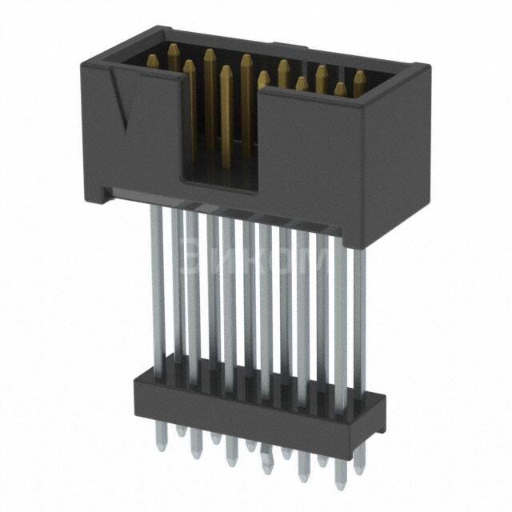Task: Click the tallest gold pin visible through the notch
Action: point(226,112)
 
